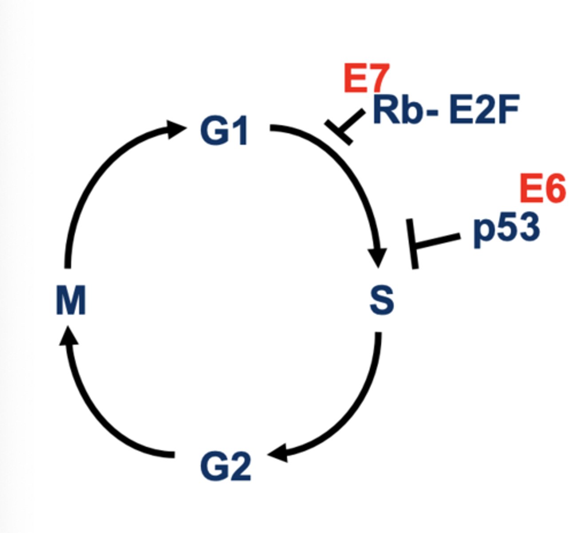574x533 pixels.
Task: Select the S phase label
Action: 382,301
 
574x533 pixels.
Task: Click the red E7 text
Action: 367,79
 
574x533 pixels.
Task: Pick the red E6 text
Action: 542,188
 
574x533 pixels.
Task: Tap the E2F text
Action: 484,110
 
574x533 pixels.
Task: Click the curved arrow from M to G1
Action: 95,178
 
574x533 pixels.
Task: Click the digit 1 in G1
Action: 240,131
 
